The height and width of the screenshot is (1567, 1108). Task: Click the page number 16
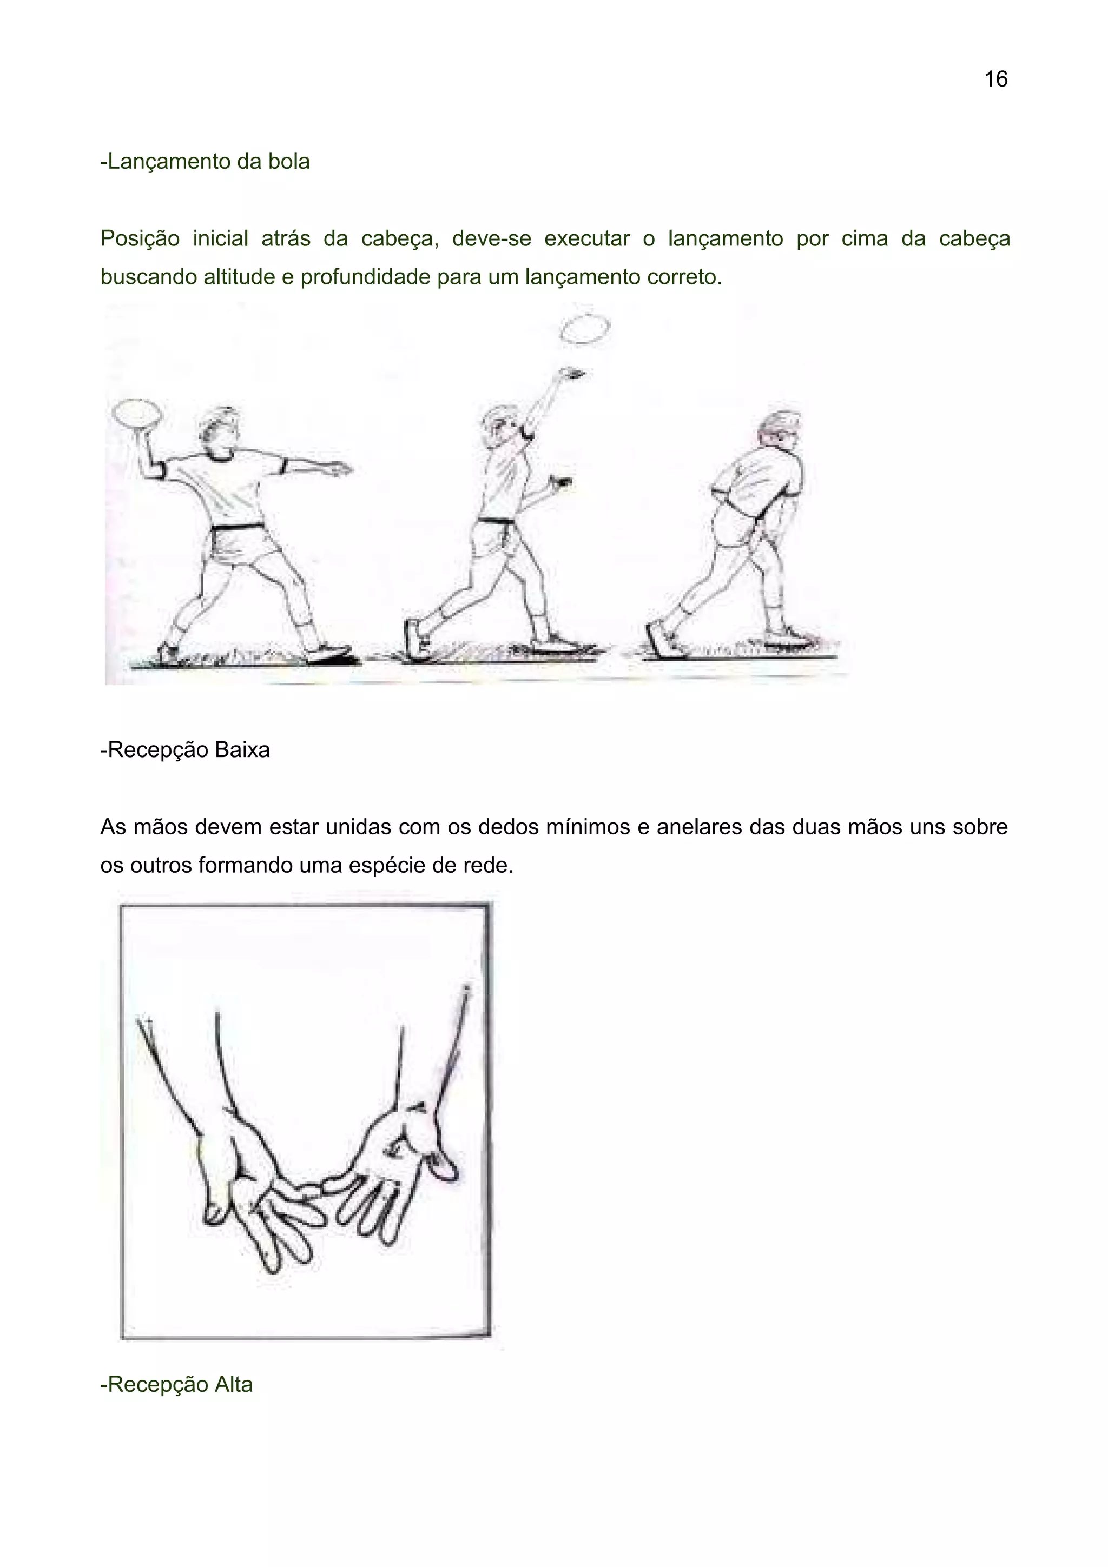(995, 79)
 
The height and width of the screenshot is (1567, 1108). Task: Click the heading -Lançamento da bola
(205, 162)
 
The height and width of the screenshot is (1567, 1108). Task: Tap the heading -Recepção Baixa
(185, 749)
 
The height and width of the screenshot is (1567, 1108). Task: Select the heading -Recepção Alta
(176, 1384)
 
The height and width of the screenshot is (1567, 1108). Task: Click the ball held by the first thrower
(137, 414)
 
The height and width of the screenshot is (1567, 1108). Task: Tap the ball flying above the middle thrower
(585, 329)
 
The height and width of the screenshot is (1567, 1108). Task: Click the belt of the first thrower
(237, 526)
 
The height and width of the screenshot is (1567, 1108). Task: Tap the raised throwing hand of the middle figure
(569, 373)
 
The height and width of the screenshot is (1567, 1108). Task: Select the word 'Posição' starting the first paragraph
(140, 239)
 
